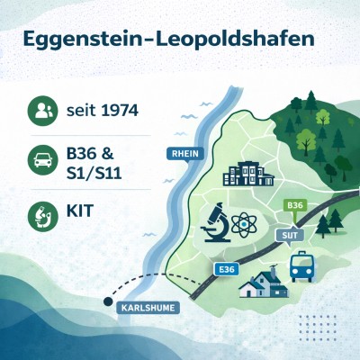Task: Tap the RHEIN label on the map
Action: (183, 153)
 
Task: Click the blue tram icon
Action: (301, 266)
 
